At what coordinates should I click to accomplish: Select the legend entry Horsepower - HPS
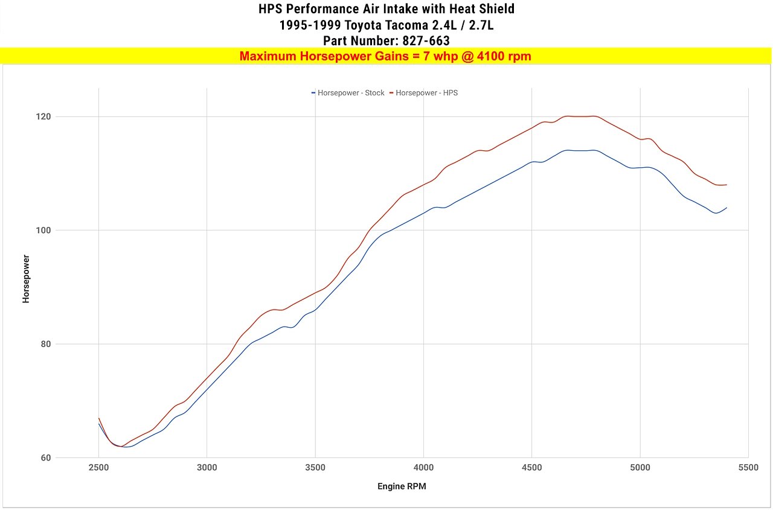[426, 93]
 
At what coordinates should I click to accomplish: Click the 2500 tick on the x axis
[99, 468]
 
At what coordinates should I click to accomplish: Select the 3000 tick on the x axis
[207, 468]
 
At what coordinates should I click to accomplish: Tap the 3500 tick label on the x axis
[315, 468]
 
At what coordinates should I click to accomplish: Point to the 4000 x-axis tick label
[423, 468]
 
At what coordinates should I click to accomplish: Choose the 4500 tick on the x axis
[531, 468]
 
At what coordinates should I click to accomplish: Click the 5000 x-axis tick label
[640, 468]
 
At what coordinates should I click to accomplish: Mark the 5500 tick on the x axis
[748, 468]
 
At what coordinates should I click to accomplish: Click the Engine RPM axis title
[402, 486]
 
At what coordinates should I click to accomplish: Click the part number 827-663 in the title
[426, 41]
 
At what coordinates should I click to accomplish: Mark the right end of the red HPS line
[726, 185]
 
